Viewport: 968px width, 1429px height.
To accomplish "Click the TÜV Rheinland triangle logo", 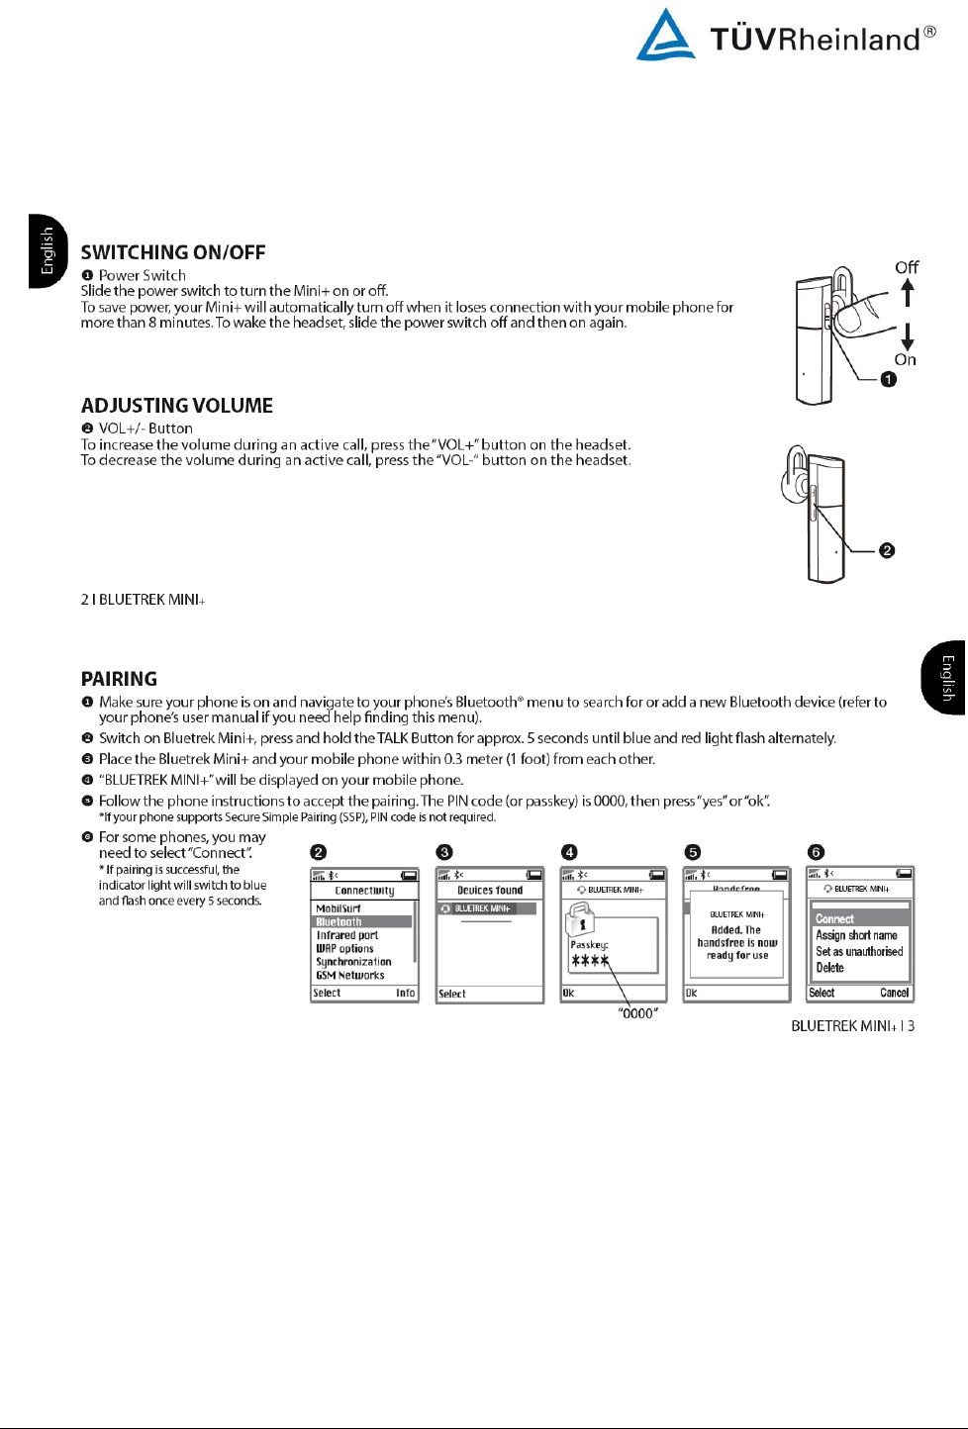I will (x=665, y=36).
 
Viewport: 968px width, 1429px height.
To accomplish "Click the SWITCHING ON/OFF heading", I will (x=173, y=252).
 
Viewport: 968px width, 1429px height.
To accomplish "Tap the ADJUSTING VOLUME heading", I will (x=177, y=406).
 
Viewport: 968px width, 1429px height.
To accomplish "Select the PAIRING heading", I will (x=119, y=679).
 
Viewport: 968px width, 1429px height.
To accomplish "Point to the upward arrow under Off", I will (x=907, y=293).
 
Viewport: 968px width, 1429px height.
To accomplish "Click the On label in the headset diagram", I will (x=906, y=360).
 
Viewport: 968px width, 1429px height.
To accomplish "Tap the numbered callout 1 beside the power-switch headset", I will (x=889, y=379).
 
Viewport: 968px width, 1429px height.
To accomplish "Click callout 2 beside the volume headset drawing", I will (x=887, y=550).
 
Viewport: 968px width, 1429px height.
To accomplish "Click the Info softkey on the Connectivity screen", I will (x=406, y=993).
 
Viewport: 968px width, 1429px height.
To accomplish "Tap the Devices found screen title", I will (x=490, y=891).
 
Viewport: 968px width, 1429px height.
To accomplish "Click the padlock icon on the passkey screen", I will (x=580, y=919).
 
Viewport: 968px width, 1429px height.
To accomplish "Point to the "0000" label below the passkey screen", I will (x=637, y=1013).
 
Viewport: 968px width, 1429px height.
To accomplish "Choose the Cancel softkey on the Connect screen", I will (x=894, y=993).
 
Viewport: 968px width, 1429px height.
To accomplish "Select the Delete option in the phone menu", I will (x=830, y=968).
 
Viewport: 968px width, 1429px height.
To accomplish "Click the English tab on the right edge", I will (x=946, y=678).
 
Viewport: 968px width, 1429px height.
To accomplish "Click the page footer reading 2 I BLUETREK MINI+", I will (x=143, y=600).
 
